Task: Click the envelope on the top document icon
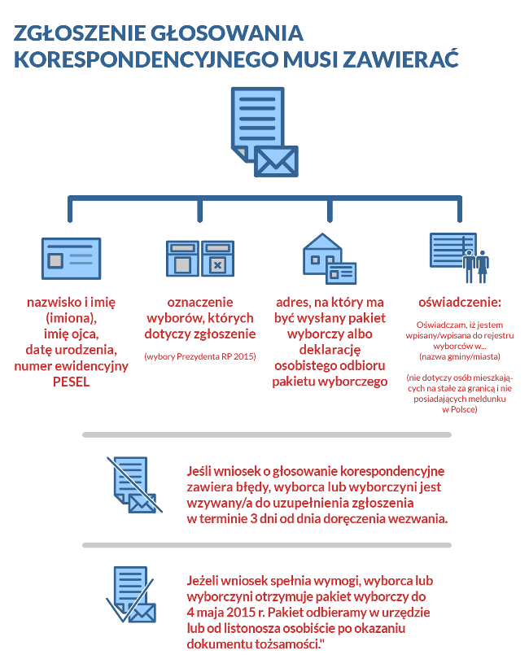[x=276, y=160]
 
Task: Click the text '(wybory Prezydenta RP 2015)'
[x=199, y=356]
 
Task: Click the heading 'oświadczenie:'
[x=459, y=303]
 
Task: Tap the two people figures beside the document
[x=476, y=264]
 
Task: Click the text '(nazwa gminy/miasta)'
[x=459, y=357]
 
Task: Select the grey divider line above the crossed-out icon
[x=266, y=435]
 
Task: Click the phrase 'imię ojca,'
[x=71, y=334]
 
